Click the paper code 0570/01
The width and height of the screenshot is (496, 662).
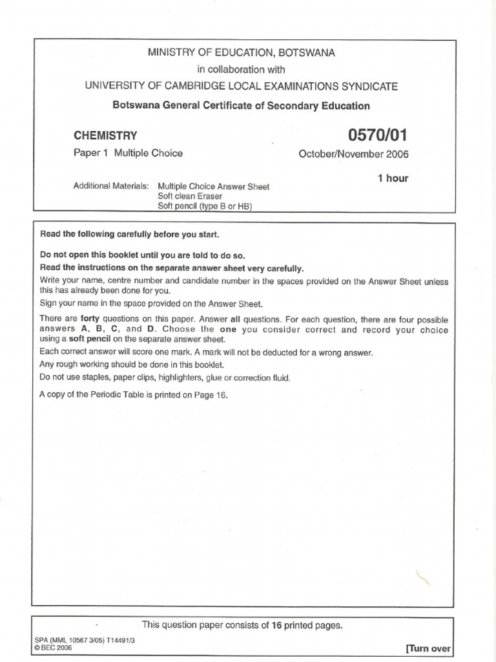point(378,135)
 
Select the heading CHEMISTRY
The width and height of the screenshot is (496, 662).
point(106,136)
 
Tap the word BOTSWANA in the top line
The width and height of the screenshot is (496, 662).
point(306,53)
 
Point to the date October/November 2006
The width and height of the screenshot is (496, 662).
point(353,154)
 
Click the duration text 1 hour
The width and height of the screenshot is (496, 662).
point(393,178)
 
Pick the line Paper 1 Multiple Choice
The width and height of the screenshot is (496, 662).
point(129,153)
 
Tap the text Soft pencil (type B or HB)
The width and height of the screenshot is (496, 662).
point(205,206)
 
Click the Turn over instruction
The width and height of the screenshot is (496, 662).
point(428,648)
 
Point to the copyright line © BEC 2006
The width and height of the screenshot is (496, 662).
point(54,646)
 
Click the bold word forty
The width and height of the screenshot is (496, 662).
point(90,319)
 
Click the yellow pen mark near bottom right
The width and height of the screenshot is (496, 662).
point(423,574)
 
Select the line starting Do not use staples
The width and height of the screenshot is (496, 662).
point(165,378)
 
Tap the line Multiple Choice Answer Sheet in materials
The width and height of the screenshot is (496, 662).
point(213,186)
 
